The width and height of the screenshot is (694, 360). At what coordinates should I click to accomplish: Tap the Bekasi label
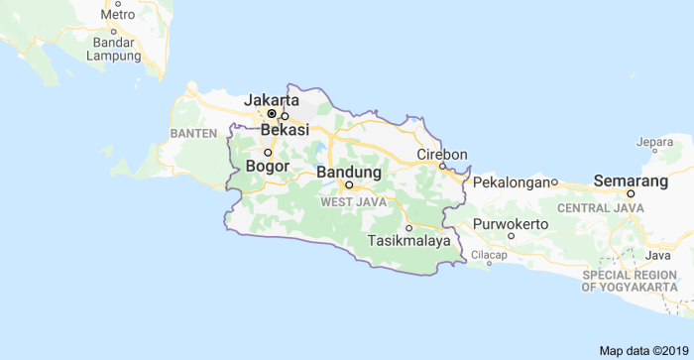pos(285,130)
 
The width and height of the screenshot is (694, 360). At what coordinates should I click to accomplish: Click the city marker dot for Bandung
pos(349,184)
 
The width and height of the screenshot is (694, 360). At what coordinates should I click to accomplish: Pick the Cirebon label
pos(441,154)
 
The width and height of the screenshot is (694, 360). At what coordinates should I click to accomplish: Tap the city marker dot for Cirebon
pos(442,166)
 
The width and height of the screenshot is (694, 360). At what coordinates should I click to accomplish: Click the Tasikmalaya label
pos(408,241)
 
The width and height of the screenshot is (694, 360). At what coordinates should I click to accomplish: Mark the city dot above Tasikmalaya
pos(408,228)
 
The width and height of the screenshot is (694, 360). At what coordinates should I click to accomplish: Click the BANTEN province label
pos(192,133)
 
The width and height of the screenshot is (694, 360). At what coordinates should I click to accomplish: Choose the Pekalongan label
pos(511,182)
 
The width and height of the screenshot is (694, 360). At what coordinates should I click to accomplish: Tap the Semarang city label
pos(631,181)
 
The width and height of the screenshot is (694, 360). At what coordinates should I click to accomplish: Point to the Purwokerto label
pos(511,224)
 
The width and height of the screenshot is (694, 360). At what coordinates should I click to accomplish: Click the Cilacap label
pos(489,255)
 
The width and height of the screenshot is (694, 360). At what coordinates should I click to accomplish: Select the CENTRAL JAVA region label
pos(600,208)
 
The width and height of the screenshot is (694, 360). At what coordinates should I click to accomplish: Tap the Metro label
pos(118,15)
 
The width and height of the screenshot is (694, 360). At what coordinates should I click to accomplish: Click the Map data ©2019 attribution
pos(641,351)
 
